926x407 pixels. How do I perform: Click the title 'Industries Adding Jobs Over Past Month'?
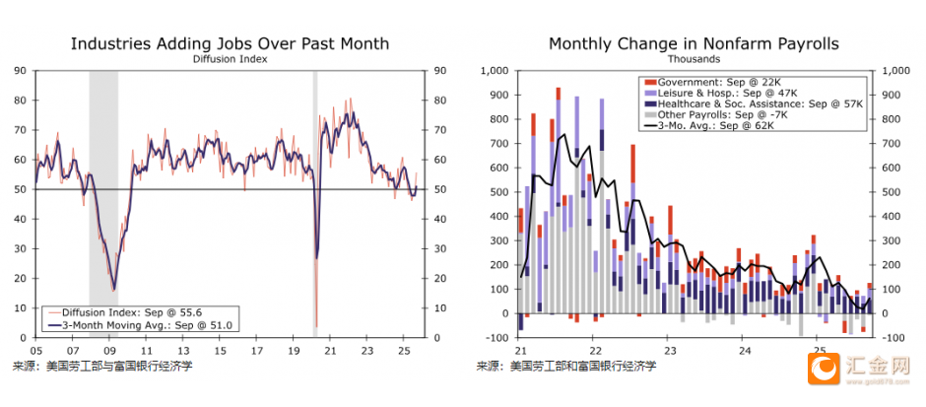pos(230,43)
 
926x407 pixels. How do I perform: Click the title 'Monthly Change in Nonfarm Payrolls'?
pos(694,43)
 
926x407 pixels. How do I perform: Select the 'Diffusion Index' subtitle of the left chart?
pos(230,59)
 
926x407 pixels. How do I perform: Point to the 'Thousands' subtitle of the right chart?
pos(694,59)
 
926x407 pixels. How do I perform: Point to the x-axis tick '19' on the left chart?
pos(293,351)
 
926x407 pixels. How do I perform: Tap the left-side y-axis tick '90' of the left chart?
pos(20,71)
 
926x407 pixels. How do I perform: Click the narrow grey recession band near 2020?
pos(315,197)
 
